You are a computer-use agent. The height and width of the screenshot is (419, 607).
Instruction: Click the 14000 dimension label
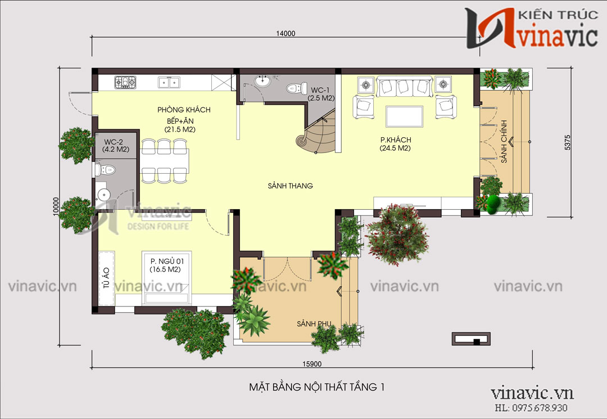click(286, 34)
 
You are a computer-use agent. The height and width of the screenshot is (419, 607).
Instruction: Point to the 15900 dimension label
click(312, 364)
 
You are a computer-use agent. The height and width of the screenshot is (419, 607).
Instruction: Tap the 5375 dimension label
click(568, 142)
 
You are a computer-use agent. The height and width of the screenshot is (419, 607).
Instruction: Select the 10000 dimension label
click(56, 206)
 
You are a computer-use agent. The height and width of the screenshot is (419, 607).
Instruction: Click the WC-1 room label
click(320, 90)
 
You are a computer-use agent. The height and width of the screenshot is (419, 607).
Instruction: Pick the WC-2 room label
click(114, 142)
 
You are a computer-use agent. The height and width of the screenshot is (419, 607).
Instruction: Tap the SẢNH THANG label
click(291, 186)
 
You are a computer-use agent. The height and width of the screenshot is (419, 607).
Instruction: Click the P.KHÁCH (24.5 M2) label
click(396, 143)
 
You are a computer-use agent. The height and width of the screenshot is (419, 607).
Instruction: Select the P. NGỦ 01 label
click(167, 262)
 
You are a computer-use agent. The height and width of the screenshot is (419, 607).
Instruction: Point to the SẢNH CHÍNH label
click(504, 141)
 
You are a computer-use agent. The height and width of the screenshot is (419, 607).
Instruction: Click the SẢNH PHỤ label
click(314, 324)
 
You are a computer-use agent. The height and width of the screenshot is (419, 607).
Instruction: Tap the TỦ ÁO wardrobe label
click(106, 278)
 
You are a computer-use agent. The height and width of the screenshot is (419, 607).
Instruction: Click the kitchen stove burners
click(125, 82)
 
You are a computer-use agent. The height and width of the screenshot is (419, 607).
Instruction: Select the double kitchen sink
click(169, 83)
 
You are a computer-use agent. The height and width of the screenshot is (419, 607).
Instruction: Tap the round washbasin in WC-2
click(104, 195)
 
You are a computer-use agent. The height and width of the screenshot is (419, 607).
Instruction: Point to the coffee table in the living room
click(404, 116)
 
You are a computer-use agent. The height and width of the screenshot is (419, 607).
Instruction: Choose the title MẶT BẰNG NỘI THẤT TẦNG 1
click(317, 387)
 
